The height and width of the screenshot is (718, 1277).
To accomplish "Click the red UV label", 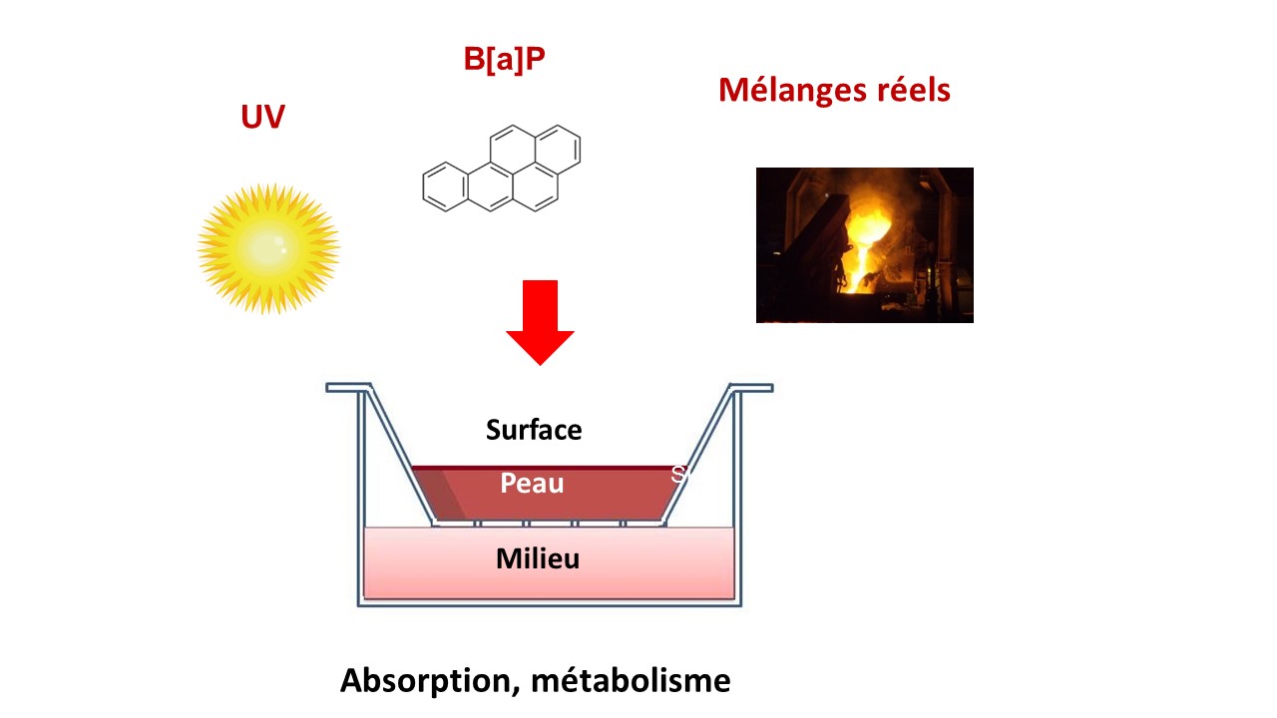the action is click(x=262, y=117).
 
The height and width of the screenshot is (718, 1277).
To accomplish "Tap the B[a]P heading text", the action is click(x=504, y=59).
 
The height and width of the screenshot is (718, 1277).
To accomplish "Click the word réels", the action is click(x=913, y=90).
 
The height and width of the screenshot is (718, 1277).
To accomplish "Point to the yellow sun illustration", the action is click(x=268, y=248).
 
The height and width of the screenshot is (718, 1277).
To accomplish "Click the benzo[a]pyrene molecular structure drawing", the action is click(x=502, y=169).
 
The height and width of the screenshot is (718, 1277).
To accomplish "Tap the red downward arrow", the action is click(x=540, y=322).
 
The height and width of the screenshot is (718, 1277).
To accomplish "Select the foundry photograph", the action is click(x=865, y=245).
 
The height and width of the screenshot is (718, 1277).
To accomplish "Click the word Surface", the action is click(x=534, y=430).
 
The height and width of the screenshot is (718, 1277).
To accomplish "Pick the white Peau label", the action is click(x=532, y=484).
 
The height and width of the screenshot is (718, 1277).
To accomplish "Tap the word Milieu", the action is click(x=538, y=558).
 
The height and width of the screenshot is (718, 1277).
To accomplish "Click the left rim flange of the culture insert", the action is click(x=348, y=388).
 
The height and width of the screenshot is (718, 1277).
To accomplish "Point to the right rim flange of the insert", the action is click(x=751, y=388).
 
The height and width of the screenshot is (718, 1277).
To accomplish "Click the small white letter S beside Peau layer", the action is click(x=678, y=474).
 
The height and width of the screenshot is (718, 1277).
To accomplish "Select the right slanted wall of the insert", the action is click(x=697, y=454).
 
